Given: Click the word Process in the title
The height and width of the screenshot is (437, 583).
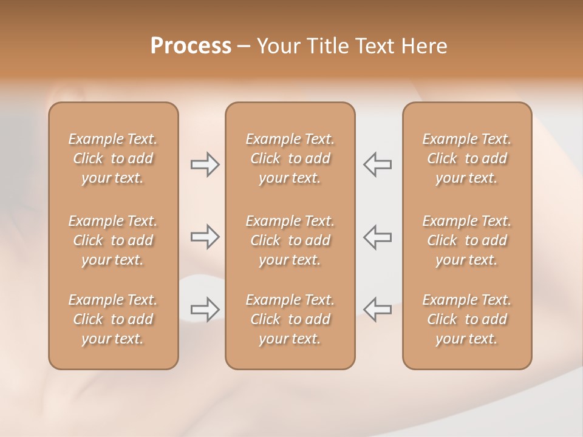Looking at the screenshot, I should (x=191, y=46).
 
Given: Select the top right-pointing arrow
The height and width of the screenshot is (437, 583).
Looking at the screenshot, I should (x=205, y=164).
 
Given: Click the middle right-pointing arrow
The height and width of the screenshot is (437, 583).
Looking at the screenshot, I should (x=205, y=237).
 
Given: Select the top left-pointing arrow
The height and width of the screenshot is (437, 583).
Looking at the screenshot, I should (x=378, y=164).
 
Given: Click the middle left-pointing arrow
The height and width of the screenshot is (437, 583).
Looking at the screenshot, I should (x=378, y=237).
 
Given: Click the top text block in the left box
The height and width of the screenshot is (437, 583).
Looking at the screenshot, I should (x=113, y=158).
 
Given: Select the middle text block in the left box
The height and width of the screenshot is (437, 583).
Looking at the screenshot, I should (x=113, y=240).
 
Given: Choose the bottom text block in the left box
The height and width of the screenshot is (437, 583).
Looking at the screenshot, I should (x=113, y=319).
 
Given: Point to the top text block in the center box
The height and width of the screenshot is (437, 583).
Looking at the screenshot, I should (x=290, y=158).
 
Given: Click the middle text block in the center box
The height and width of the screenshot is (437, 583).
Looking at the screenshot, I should (x=290, y=240).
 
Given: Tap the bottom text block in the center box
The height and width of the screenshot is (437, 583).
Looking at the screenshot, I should (x=290, y=319).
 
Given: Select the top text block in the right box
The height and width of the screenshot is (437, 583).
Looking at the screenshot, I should (x=466, y=158).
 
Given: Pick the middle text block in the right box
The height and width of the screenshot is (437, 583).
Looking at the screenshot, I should (x=466, y=240).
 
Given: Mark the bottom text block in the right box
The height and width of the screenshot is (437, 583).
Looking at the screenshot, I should (x=466, y=319).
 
